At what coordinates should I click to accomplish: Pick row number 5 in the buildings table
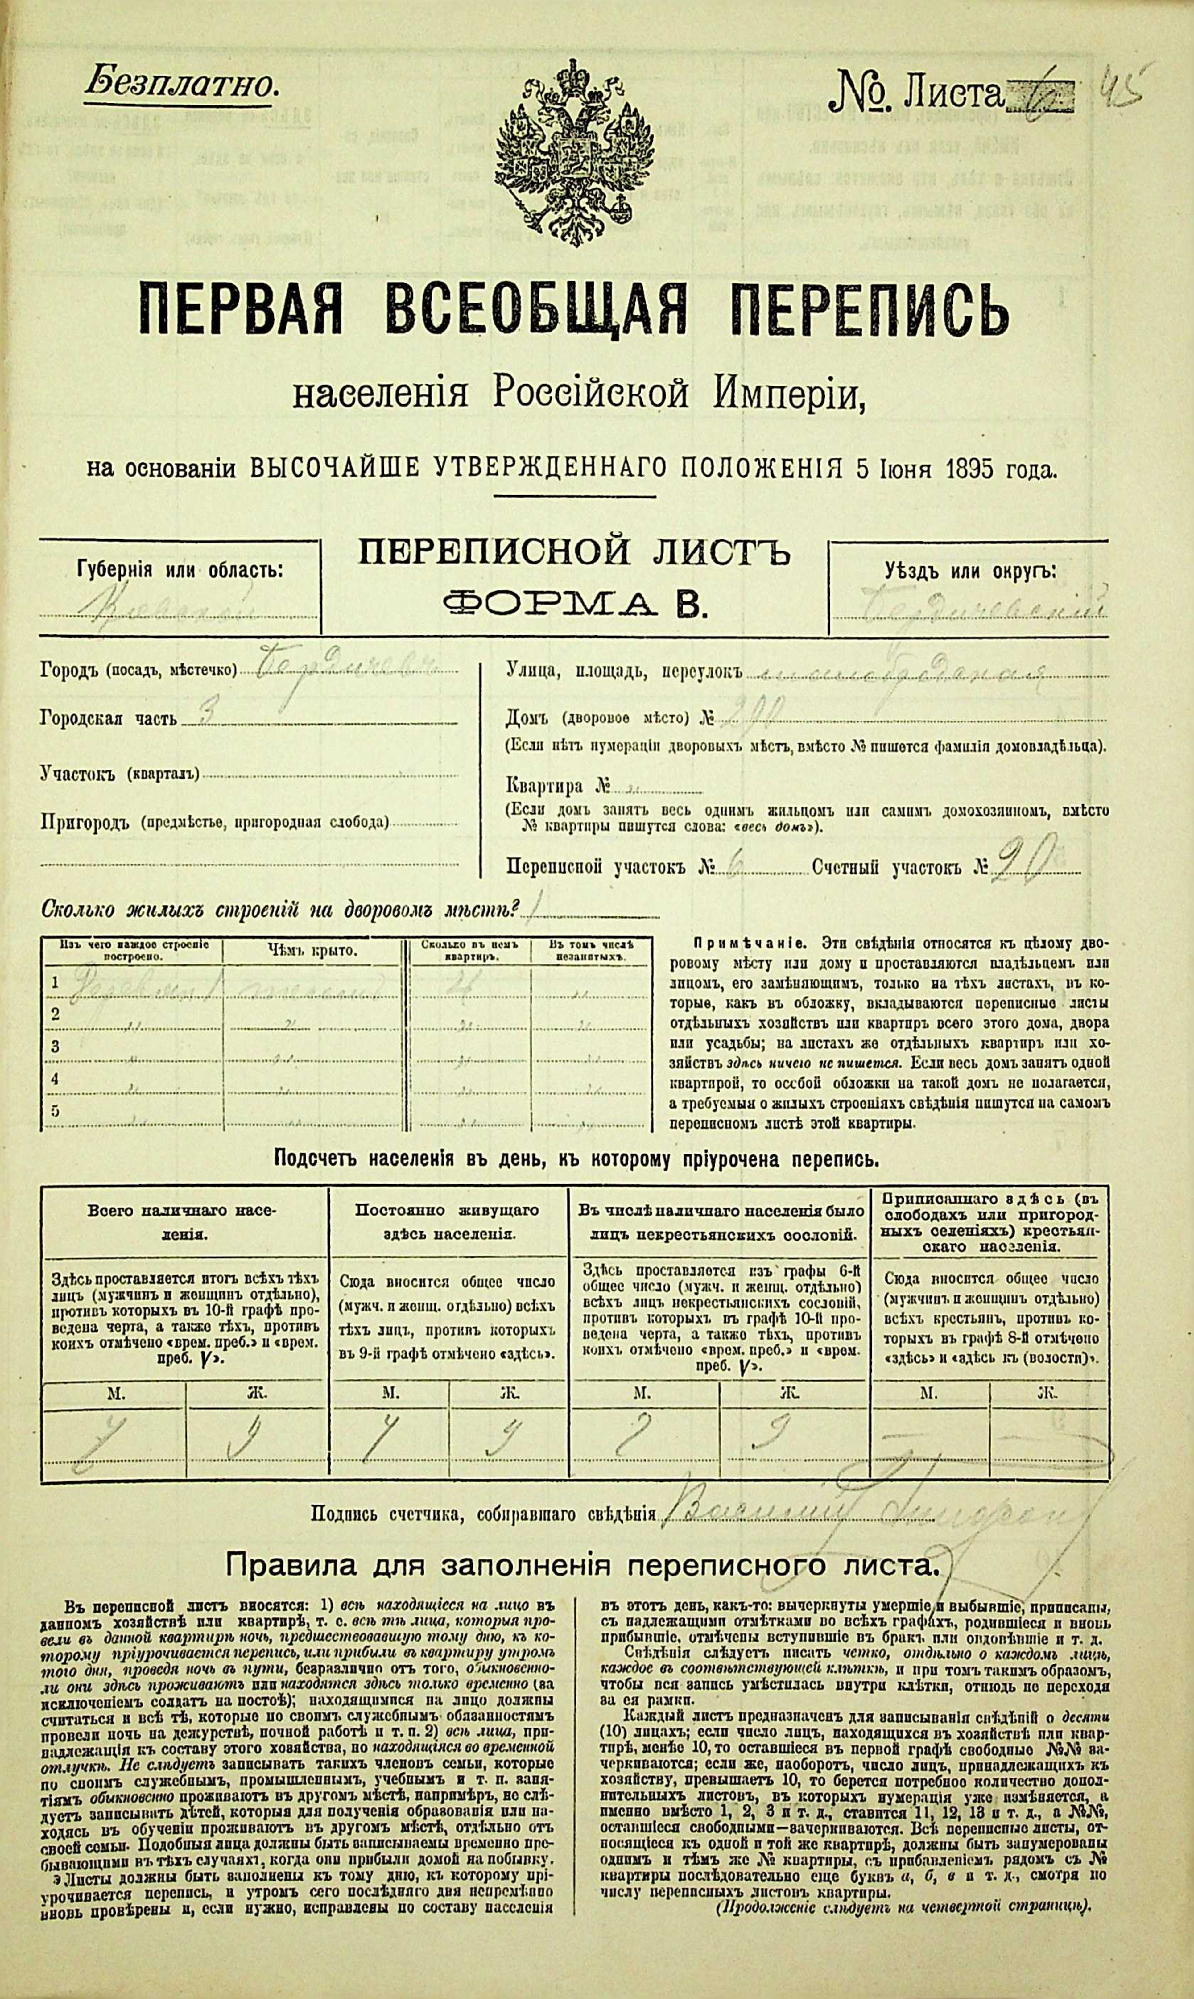56,1112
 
